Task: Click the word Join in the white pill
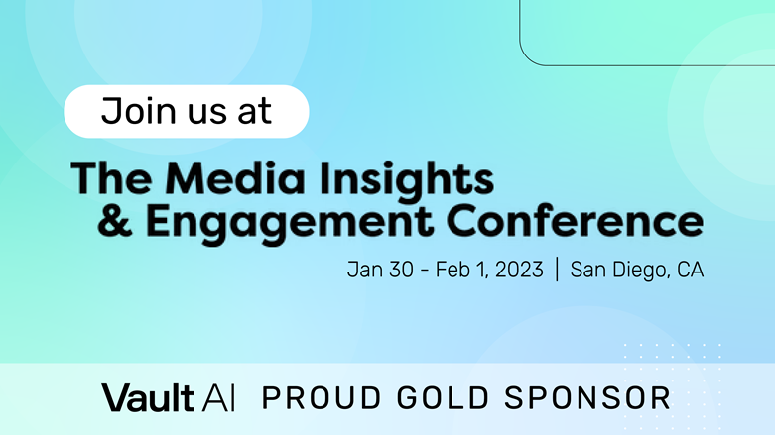pos(139,111)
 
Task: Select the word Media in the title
pos(235,178)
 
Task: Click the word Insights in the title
pos(406,181)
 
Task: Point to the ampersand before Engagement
pos(115,222)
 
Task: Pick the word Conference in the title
pos(575,221)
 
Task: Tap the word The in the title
pos(112,178)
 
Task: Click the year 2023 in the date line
pos(519,270)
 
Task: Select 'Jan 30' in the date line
pos(380,270)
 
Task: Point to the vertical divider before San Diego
pos(557,270)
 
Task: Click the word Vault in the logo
pos(147,397)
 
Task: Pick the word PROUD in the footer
pos(322,398)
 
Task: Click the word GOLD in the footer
pos(443,398)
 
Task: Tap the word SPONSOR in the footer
pos(587,398)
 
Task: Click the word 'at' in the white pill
pos(255,113)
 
